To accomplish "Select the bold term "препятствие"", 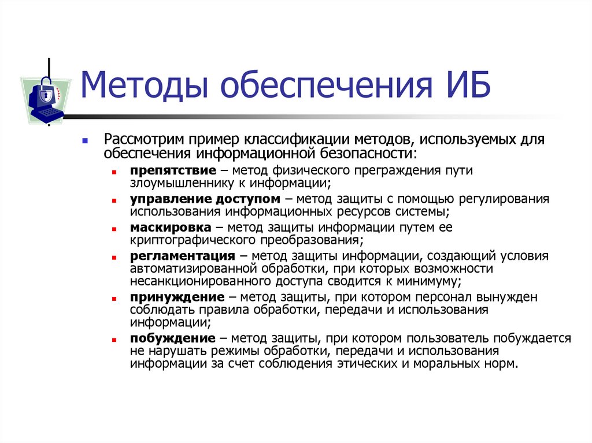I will tap(173, 171).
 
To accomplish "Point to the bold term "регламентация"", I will tap(182, 256).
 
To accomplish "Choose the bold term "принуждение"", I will tap(177, 297).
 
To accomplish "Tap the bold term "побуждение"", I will tap(172, 338).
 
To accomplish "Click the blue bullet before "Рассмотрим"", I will tap(85, 141).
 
